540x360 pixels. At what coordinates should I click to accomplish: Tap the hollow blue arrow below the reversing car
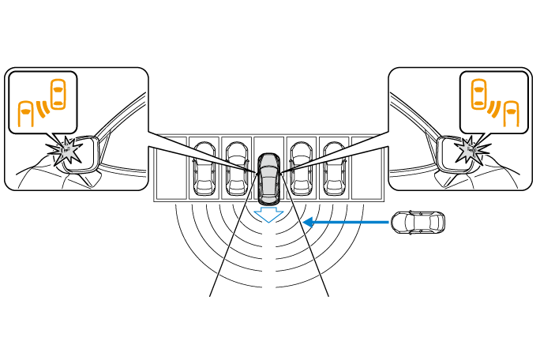[x=269, y=213]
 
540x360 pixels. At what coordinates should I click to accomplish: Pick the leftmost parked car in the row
[x=205, y=168]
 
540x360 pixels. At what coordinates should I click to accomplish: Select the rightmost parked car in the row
[x=334, y=168]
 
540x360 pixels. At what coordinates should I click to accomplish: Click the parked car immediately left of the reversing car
[x=237, y=168]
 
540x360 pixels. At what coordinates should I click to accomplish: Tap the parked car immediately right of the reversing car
[x=302, y=168]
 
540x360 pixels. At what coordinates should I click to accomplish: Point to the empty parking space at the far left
[x=171, y=168]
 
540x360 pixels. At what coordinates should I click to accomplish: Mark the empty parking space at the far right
[x=367, y=168]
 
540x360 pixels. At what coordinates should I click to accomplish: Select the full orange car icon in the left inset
[x=58, y=94]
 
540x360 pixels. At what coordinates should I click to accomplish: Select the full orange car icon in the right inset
[x=478, y=94]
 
